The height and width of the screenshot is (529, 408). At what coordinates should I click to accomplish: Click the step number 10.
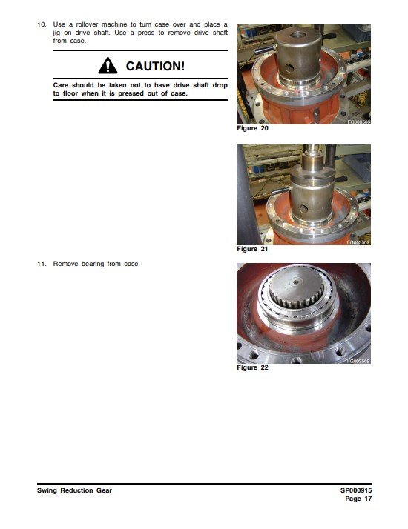click(x=42, y=24)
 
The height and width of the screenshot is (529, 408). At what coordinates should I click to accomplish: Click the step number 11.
click(x=42, y=264)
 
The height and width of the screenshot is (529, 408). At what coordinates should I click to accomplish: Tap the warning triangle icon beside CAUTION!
click(x=108, y=65)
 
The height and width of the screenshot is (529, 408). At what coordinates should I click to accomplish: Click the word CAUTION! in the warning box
click(x=155, y=66)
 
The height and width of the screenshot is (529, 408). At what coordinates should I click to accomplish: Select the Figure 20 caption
click(x=252, y=128)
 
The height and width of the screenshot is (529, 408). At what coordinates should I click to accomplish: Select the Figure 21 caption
click(x=252, y=249)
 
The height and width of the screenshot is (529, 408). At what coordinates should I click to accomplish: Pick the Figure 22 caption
click(x=252, y=367)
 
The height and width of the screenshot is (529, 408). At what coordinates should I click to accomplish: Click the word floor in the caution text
click(x=70, y=93)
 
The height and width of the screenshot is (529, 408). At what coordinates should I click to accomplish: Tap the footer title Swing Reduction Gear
click(x=74, y=490)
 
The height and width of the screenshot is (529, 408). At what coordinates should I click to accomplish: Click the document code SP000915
click(x=356, y=490)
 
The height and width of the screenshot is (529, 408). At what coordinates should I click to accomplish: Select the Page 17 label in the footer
click(x=358, y=499)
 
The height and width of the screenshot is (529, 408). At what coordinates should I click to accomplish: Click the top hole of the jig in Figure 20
click(x=298, y=35)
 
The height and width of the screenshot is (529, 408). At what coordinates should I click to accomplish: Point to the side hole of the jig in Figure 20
click(x=289, y=68)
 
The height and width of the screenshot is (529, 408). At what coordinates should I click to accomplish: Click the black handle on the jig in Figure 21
click(x=281, y=190)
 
